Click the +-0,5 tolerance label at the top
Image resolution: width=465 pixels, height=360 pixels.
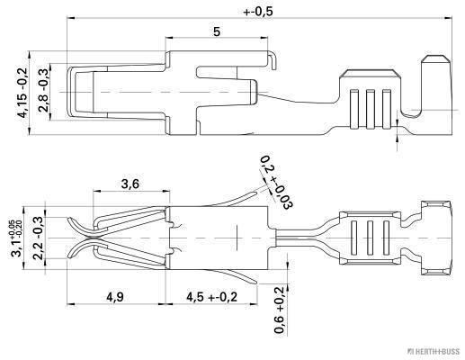258,12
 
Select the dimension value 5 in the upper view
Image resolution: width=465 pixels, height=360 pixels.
217,31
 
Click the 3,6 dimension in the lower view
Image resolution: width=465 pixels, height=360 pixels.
130,184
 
